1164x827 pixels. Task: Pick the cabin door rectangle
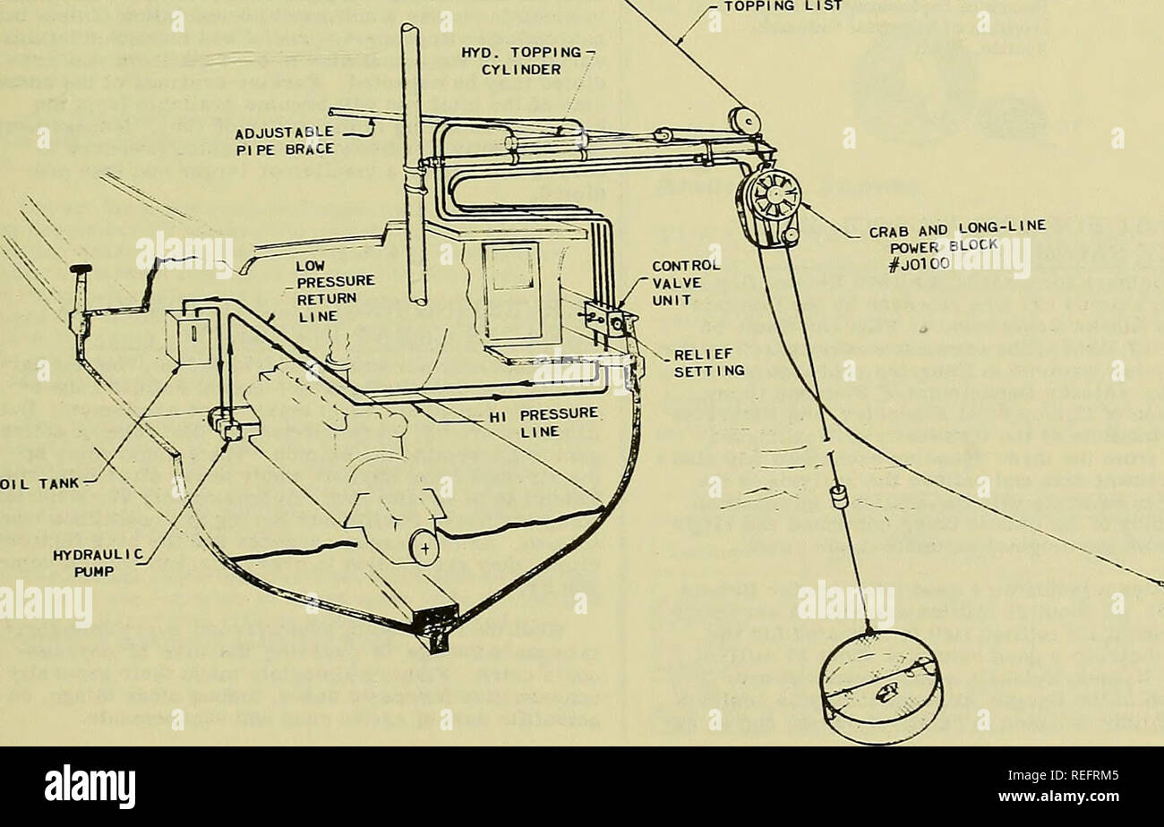511,291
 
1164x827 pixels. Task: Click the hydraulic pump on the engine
231,424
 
